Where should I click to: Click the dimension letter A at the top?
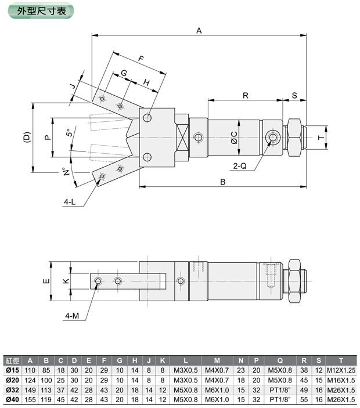coord(199,31)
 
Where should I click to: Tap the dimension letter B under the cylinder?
coord(222,182)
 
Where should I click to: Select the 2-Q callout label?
coord(240,165)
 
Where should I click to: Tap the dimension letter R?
coord(246,95)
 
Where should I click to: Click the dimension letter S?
coord(294,95)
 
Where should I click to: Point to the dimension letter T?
coord(320,138)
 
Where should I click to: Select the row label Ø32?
coord(12,390)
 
